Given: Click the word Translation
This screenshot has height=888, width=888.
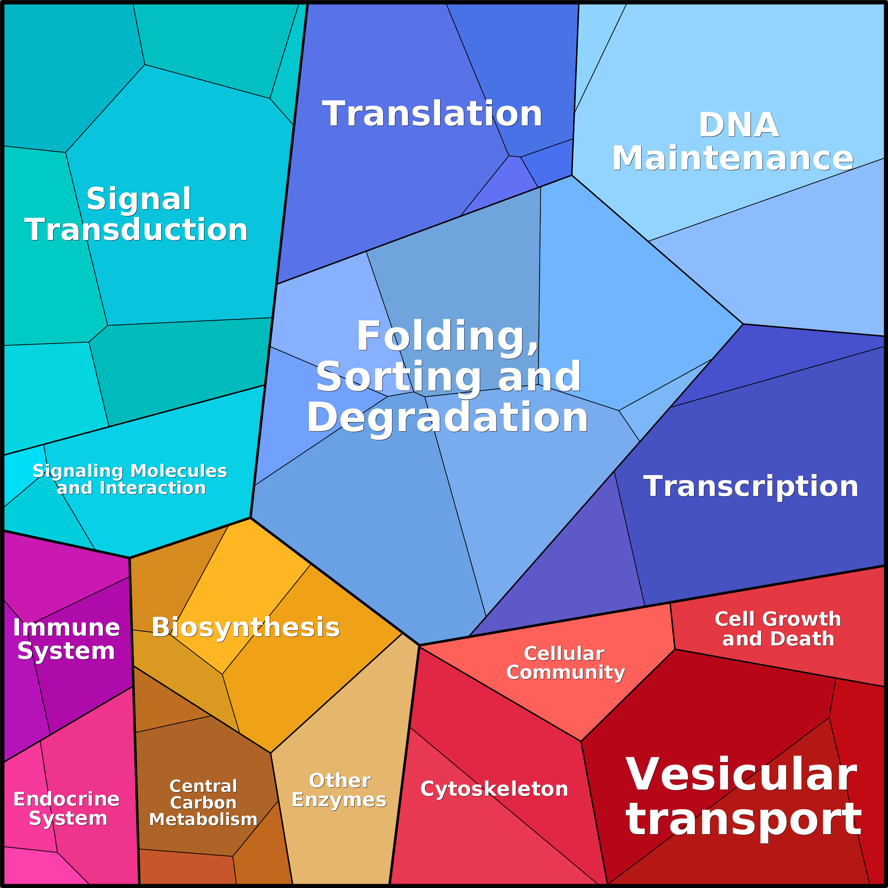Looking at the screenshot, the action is coord(432,113).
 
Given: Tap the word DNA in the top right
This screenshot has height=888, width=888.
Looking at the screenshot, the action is coord(738,125).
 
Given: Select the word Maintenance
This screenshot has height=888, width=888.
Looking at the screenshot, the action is coord(733,158).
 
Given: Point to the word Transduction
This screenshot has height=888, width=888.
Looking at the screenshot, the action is coord(136,229).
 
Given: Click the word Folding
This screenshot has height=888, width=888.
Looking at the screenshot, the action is coord(447,337).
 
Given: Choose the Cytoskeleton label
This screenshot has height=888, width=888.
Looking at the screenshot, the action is coord(494,789).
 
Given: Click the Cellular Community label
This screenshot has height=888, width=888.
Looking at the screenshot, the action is coord(565,663).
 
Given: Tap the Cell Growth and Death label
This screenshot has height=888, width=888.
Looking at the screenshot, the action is coord(778,629).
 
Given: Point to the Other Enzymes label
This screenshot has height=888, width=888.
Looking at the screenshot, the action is coord(339,790).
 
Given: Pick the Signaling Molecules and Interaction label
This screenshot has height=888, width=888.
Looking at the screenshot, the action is coord(130,479).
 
